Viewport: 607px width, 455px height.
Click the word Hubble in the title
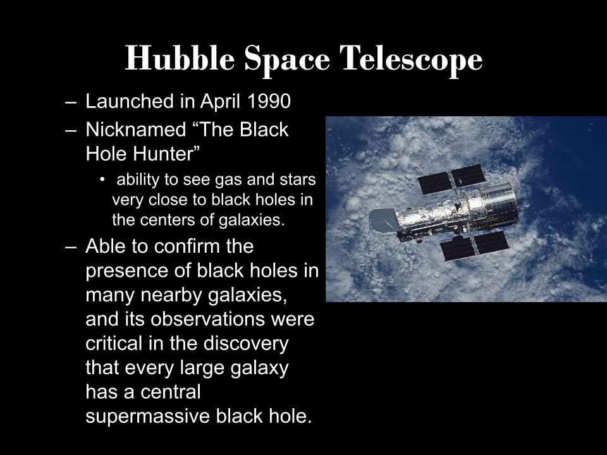(180, 58)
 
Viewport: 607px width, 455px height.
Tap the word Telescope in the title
(411, 59)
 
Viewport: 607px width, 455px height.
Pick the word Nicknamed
(135, 129)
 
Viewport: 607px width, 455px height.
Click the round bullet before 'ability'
(102, 179)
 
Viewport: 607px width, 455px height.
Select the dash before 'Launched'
(70, 102)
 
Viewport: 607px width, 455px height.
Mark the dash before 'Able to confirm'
(70, 247)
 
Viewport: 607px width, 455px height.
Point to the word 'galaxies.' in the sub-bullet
(252, 220)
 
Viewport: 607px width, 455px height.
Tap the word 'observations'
(208, 319)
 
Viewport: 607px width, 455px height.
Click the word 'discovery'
(246, 344)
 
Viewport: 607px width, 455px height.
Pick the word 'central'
(170, 392)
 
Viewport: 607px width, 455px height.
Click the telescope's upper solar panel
(451, 179)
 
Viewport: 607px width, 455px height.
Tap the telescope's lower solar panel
(475, 246)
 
